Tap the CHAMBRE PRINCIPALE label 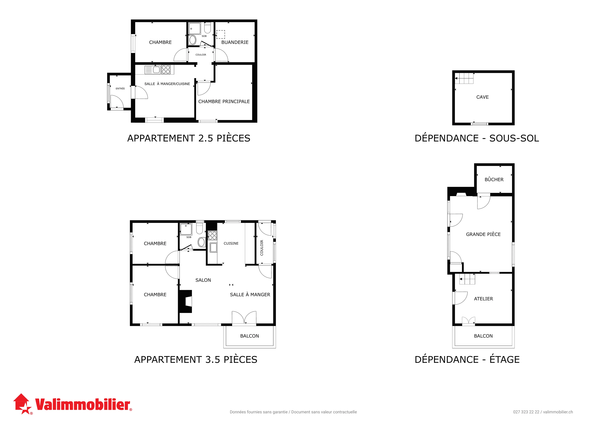[x=224, y=101]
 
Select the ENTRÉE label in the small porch [x=120, y=88]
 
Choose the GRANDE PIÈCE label [x=483, y=234]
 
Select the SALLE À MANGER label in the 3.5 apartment [x=250, y=294]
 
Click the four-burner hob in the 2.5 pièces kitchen [x=166, y=69]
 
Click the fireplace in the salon [x=185, y=301]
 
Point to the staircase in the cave [x=464, y=78]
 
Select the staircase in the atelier [x=467, y=279]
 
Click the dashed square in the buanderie [x=221, y=34]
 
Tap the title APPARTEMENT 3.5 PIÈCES [x=196, y=360]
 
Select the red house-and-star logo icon [x=22, y=404]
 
